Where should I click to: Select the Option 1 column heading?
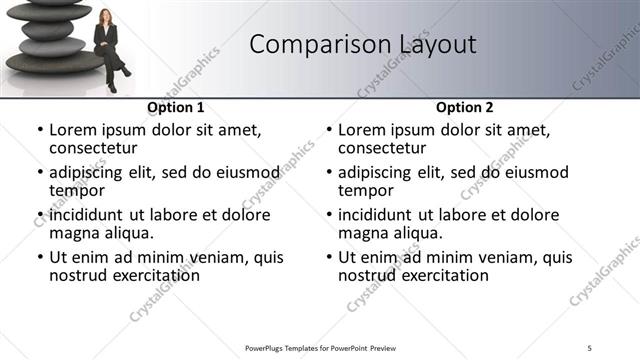(x=176, y=107)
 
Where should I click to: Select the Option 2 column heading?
(x=465, y=107)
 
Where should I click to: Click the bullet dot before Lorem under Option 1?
(x=40, y=130)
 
